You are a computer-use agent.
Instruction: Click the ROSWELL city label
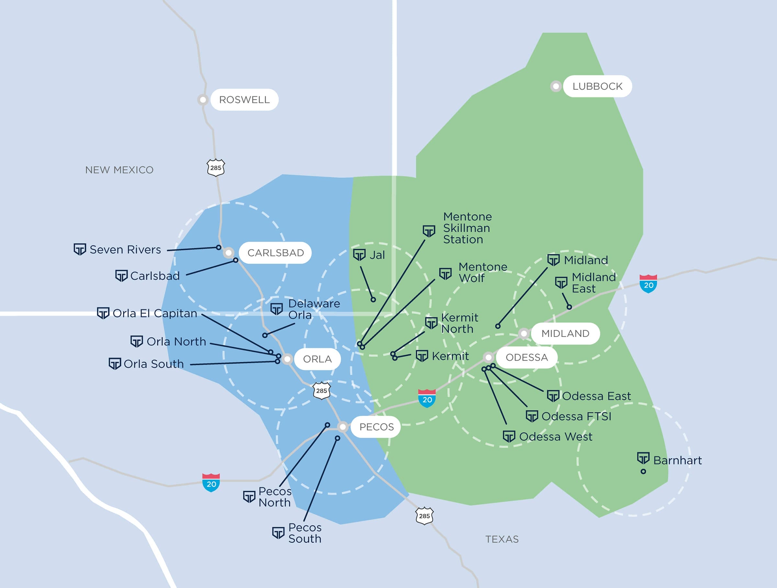[244, 100]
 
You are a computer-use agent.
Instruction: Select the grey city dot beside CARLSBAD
[229, 252]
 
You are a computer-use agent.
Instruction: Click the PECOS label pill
[376, 427]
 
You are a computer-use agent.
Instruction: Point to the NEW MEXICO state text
[119, 170]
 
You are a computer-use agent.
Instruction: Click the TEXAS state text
[501, 539]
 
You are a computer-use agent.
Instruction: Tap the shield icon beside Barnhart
[643, 458]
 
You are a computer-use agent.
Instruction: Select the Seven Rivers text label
[125, 249]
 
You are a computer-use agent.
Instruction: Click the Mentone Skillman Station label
[467, 228]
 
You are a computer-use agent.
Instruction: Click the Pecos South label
[305, 533]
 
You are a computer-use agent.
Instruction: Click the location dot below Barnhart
[643, 472]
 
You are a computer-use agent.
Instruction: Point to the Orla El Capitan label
[154, 313]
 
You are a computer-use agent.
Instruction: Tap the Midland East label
[593, 282]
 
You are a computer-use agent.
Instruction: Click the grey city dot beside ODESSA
[488, 357]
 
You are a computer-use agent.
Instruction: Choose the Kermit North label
[459, 323]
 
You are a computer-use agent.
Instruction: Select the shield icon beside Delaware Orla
[276, 309]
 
